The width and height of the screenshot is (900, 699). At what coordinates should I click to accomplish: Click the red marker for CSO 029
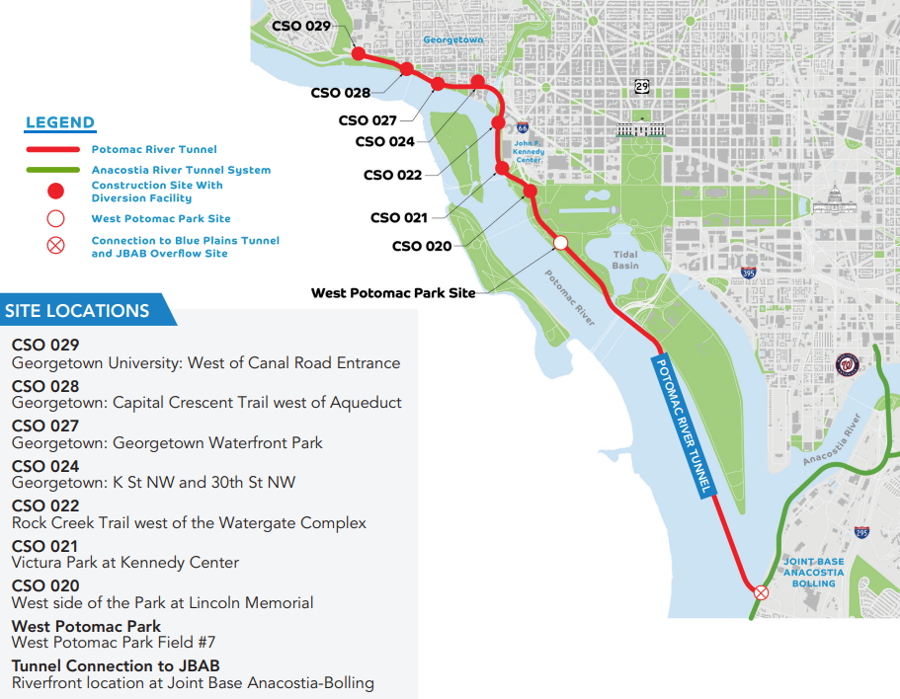point(358,53)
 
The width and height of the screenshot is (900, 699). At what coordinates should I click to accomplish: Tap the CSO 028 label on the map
point(341,93)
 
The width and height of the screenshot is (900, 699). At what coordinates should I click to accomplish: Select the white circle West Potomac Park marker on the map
point(560,242)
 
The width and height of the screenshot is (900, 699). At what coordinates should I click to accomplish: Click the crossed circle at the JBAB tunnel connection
point(761,592)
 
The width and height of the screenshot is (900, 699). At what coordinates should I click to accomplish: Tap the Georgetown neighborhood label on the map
point(452,39)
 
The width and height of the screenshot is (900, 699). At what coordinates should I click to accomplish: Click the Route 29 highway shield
point(642,87)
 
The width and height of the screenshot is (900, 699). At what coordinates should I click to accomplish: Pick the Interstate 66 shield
point(522,127)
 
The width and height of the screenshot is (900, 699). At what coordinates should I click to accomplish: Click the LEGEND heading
point(60,123)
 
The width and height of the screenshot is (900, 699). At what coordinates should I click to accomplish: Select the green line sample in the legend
point(52,170)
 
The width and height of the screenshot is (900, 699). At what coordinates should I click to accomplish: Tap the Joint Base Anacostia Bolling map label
point(814,573)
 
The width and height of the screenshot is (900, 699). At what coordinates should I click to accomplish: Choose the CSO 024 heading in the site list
point(45,466)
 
